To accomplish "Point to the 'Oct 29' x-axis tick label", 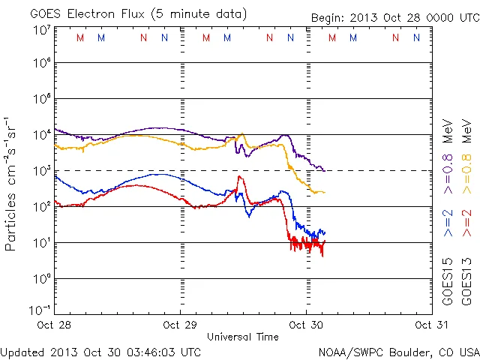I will coord(181,325).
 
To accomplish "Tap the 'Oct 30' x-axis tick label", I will coord(305,325).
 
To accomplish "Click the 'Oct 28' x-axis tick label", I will coord(55,325).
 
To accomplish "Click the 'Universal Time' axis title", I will coord(243,337).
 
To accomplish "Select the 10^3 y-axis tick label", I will coord(41,171).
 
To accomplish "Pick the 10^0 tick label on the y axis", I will coord(41,279).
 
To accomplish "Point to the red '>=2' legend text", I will coord(466,224).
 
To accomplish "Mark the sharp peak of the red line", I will coord(239,177).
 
